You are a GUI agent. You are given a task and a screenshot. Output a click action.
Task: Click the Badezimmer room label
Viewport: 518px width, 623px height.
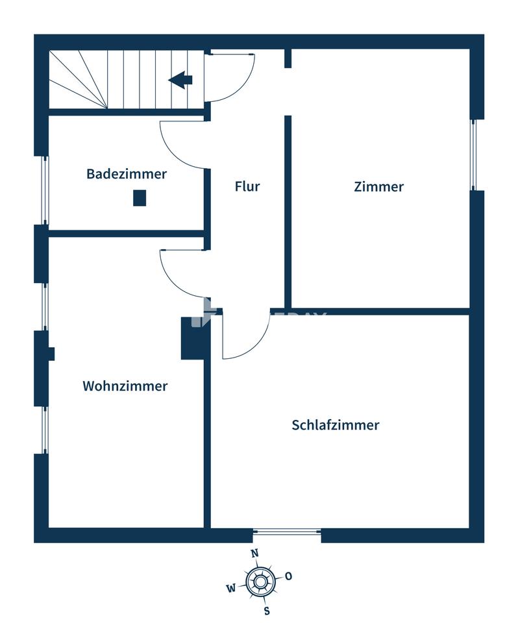coord(127,174)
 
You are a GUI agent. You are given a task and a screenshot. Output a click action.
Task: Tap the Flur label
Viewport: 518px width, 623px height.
coord(247,186)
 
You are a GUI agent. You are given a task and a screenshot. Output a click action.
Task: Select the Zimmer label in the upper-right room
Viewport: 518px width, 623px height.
coord(378,187)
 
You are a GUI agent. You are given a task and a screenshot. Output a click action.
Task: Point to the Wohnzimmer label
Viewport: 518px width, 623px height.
coord(125,385)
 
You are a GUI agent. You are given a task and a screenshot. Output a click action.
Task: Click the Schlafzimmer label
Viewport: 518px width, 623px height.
coord(336,424)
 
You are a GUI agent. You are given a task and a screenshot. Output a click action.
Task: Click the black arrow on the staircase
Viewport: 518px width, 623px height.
coord(180,80)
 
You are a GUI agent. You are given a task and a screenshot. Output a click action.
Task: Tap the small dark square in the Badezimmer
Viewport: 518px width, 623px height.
coord(140,198)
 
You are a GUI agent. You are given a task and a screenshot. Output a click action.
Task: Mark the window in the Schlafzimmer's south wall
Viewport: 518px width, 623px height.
coord(287,531)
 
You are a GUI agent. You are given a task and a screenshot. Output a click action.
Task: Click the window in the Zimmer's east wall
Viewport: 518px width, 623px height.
coord(473,154)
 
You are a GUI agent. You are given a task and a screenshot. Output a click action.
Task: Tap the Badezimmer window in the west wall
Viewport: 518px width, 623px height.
coord(45,190)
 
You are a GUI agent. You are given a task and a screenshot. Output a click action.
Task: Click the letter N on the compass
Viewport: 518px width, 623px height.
coord(255,553)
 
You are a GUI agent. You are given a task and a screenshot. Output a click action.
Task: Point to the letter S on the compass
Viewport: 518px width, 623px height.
coord(267,611)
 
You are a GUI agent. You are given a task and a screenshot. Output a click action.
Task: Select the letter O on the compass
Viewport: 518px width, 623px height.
coord(289,576)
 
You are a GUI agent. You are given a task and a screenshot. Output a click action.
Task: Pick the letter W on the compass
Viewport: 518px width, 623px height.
coord(231,589)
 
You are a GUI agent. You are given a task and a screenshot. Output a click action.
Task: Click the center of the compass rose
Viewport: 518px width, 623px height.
coord(260,583)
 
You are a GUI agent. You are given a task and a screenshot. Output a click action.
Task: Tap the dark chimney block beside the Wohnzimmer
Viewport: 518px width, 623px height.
coord(193,338)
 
